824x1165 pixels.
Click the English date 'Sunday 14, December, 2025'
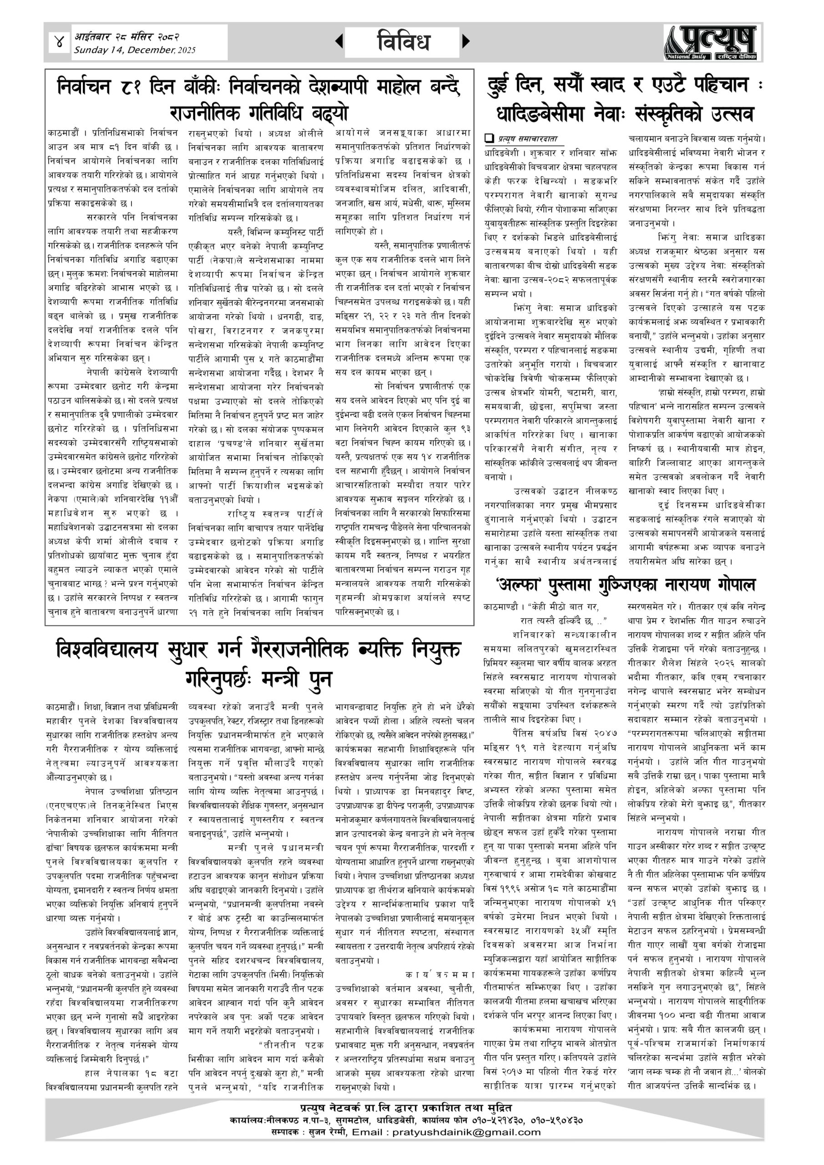(x=135, y=50)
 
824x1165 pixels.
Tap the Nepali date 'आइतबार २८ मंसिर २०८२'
(x=126, y=36)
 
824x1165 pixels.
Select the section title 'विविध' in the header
(x=404, y=41)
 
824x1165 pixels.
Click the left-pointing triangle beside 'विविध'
(x=339, y=41)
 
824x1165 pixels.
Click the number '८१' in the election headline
(x=129, y=87)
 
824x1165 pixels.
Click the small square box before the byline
(x=489, y=137)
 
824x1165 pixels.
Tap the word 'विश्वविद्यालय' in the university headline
(x=107, y=650)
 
